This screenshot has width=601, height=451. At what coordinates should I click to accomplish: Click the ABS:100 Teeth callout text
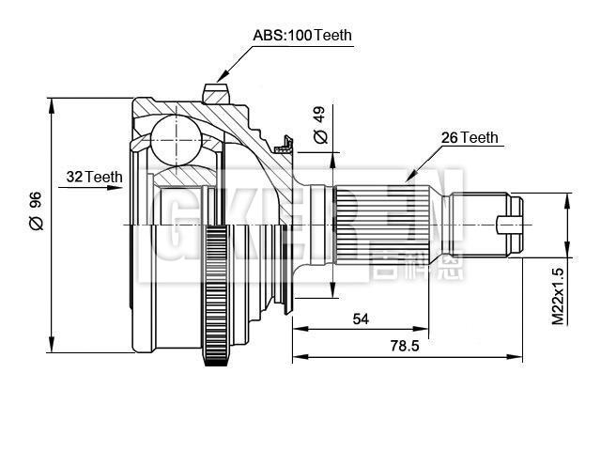(301, 36)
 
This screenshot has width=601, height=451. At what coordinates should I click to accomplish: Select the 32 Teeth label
(95, 177)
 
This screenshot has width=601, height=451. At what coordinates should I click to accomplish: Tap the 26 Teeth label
(470, 138)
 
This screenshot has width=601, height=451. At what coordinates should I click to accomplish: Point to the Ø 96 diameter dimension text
(36, 210)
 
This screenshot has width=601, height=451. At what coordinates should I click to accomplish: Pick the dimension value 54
(361, 319)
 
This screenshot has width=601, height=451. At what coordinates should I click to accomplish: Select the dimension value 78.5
(404, 346)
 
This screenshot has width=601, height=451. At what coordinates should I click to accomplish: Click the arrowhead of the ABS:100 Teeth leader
(219, 79)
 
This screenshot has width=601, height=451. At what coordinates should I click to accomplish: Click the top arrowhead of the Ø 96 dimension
(51, 101)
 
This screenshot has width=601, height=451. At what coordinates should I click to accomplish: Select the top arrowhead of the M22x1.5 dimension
(568, 198)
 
